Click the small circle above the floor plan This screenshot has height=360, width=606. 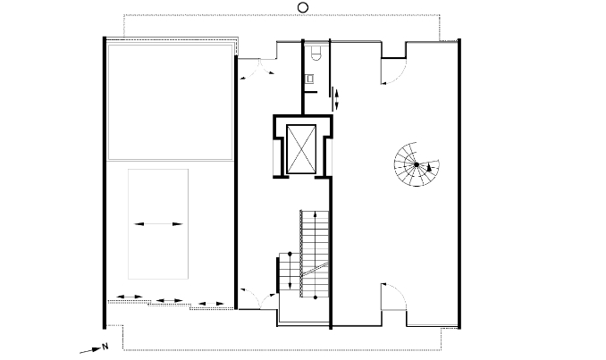pyautogui.click(x=303, y=7)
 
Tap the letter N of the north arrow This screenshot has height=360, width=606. pyautogui.click(x=105, y=347)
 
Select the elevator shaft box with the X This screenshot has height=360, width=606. pyautogui.click(x=301, y=148)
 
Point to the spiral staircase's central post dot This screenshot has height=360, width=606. pyautogui.click(x=417, y=164)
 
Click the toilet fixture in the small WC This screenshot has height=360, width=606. pyautogui.click(x=316, y=54)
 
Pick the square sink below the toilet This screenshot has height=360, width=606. pyautogui.click(x=310, y=78)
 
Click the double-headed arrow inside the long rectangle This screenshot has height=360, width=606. pyautogui.click(x=158, y=224)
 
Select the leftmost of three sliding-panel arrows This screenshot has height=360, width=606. pyautogui.click(x=130, y=297)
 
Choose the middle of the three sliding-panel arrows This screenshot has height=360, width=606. pyautogui.click(x=169, y=300)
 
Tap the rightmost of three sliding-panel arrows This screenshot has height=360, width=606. pyautogui.click(x=211, y=304)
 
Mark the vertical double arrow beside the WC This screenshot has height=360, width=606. pyautogui.click(x=337, y=100)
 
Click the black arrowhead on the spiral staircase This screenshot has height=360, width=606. pyautogui.click(x=429, y=167)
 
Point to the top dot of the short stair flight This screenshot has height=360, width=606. pyautogui.click(x=290, y=254)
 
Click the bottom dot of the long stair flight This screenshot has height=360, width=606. pyautogui.click(x=316, y=297)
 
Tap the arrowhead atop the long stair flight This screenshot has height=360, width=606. pyautogui.click(x=316, y=214)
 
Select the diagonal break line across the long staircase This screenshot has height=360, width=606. pyautogui.click(x=315, y=269)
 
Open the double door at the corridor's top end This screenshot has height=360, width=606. pyautogui.click(x=257, y=69)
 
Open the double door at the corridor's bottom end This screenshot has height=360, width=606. pyautogui.click(x=257, y=298)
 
